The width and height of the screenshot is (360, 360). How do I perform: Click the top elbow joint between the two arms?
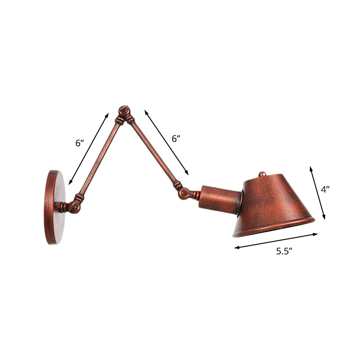click(124, 113)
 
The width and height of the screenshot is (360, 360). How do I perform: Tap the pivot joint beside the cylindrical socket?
click(185, 193)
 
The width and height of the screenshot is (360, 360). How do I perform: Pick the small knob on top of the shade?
click(262, 174)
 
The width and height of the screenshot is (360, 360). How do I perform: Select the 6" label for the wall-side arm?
click(79, 143)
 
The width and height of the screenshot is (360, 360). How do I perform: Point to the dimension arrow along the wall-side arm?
click(89, 148)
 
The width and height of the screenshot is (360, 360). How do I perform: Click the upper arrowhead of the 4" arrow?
click(310, 168)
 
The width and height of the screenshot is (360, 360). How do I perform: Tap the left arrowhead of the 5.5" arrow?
click(235, 247)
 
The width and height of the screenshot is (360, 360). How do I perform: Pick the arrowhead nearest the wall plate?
click(70, 183)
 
